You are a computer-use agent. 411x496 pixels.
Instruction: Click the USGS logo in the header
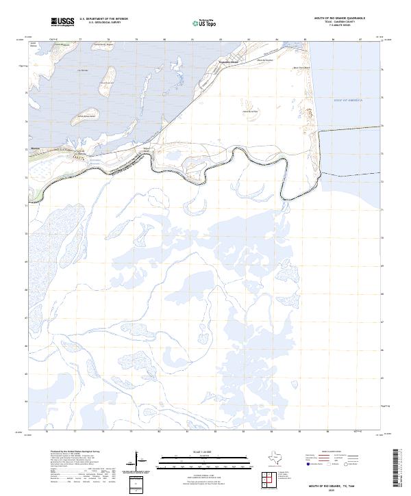point(62,22)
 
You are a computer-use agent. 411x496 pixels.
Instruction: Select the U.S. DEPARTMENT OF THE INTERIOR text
point(103,18)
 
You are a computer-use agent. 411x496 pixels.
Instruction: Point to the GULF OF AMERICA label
point(364,101)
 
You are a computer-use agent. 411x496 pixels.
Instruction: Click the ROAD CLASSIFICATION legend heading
point(333,452)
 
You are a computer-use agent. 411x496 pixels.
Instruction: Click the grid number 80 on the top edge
point(164,40)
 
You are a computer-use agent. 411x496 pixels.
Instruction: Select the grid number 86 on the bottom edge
point(333,432)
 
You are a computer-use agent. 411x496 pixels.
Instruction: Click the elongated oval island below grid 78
point(107,80)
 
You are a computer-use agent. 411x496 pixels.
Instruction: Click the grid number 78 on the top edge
point(108,40)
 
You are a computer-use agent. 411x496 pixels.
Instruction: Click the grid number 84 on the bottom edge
point(277,432)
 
